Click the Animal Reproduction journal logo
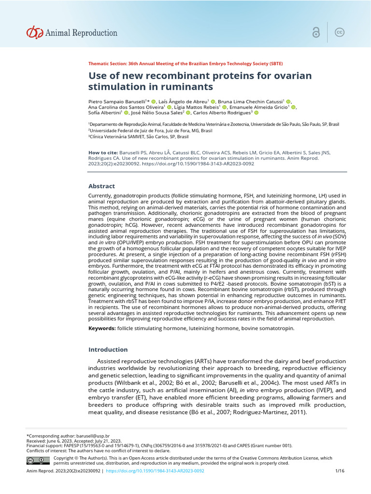(71, 33)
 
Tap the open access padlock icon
(316, 32)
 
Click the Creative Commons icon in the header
(340, 32)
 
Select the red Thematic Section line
(185, 64)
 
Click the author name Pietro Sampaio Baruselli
(119, 101)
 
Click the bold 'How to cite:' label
(103, 152)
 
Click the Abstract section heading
(101, 186)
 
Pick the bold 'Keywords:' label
(101, 328)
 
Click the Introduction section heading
(108, 349)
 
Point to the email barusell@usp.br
(94, 436)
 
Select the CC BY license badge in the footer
(38, 460)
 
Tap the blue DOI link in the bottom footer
(155, 471)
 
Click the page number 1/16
(339, 471)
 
